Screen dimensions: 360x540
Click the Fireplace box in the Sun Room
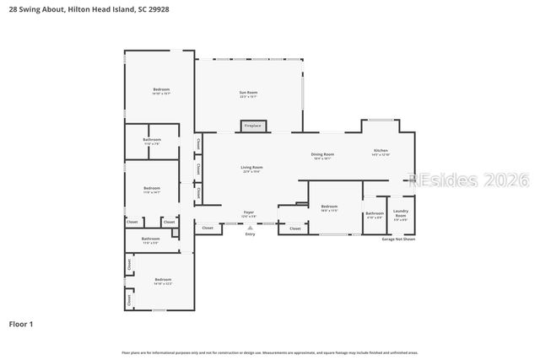[x=252, y=126]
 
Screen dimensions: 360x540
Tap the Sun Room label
[x=248, y=94]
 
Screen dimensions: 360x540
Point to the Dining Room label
[x=322, y=155]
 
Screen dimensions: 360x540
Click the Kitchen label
[x=381, y=152]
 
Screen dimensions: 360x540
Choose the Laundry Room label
[x=401, y=214]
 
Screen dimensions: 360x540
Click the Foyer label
[x=249, y=212]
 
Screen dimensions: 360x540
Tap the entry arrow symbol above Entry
[x=250, y=228]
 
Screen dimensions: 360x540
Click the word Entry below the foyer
[x=250, y=234]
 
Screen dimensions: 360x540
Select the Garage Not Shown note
[x=399, y=239]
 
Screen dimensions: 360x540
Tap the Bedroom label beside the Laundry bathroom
[x=329, y=207]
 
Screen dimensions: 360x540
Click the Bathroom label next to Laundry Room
[x=374, y=214]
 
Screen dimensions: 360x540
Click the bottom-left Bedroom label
[x=163, y=281]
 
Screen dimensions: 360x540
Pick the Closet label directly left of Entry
[x=208, y=228]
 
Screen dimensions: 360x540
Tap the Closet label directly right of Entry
[x=294, y=228]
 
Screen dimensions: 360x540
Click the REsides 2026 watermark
[x=467, y=180]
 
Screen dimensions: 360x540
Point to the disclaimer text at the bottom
[x=270, y=352]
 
